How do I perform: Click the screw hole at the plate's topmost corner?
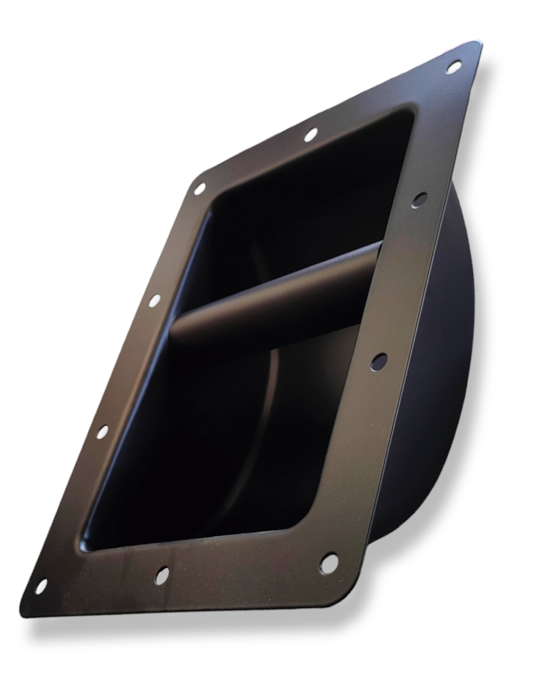[453, 67]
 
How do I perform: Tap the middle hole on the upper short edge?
[310, 133]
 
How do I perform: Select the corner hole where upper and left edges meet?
[200, 189]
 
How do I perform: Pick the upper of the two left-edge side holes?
[154, 300]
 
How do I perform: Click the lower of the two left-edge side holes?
[103, 431]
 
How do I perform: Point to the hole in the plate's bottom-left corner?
[41, 585]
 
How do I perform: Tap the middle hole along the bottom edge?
[162, 574]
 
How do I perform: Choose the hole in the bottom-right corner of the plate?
[329, 562]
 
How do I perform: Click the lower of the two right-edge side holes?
[379, 361]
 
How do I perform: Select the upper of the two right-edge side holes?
[419, 199]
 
